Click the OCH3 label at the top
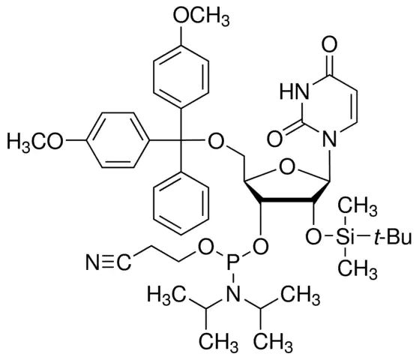(201, 16)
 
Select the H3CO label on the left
(35, 142)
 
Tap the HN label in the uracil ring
(294, 91)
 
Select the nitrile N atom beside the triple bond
(92, 261)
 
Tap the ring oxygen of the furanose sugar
(287, 168)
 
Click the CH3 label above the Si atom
(358, 207)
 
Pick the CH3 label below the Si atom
(358, 269)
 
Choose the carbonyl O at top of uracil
(329, 45)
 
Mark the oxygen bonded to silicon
(313, 237)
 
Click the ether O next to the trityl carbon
(215, 141)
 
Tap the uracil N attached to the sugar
(329, 139)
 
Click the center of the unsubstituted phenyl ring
(181, 204)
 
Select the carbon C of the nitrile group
(124, 261)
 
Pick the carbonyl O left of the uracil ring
(275, 139)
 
